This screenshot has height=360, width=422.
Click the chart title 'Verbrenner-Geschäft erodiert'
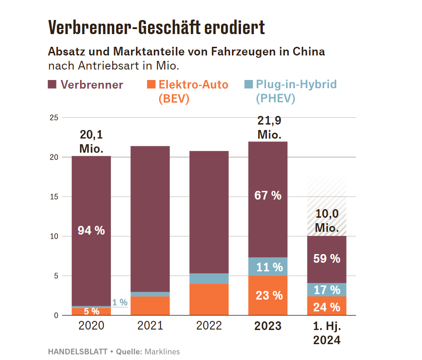coord(156,28)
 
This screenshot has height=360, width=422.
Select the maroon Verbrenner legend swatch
coord(52,85)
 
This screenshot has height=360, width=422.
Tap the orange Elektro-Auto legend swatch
coord(151,85)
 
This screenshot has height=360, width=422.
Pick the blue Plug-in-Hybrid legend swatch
coord(248,85)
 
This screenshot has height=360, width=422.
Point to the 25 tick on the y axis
coord(53,118)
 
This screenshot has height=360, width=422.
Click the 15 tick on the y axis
coord(53,197)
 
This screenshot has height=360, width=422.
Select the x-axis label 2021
coord(150,326)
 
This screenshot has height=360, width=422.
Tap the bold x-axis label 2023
coord(267,326)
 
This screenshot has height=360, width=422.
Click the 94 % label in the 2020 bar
coord(91,230)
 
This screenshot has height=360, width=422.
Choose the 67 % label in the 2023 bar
coord(267,196)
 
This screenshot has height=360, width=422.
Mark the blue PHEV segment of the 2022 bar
coord(209,278)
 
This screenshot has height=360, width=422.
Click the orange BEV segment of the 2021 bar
coord(150,305)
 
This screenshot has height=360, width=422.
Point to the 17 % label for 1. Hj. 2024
coord(327,290)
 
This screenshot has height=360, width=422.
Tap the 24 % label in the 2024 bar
coord(327,307)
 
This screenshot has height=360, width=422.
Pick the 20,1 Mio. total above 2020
coord(91,141)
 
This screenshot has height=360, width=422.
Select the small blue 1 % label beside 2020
coord(120,302)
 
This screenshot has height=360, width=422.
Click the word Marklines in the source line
coord(162,351)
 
